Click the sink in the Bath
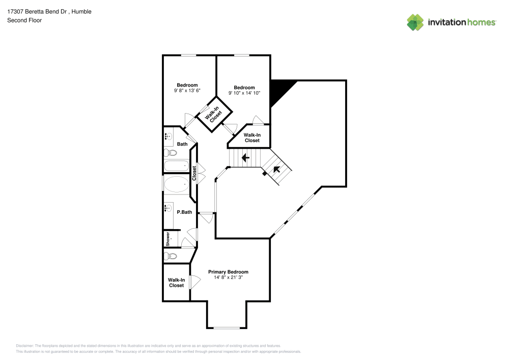(x=168, y=136)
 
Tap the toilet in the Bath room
(x=171, y=153)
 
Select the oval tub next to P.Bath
(x=176, y=184)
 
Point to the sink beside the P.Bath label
(x=168, y=208)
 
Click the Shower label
(x=167, y=238)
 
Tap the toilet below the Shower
(x=171, y=256)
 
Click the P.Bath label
(x=184, y=212)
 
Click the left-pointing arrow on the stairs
(x=245, y=158)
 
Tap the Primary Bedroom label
(x=228, y=272)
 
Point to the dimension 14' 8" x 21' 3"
(x=228, y=278)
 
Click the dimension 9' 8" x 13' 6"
(x=187, y=91)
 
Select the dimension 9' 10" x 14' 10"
(x=244, y=93)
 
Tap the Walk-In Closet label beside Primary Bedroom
(x=176, y=283)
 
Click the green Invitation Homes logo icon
(x=415, y=22)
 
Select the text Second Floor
(x=24, y=20)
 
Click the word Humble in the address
(x=82, y=11)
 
